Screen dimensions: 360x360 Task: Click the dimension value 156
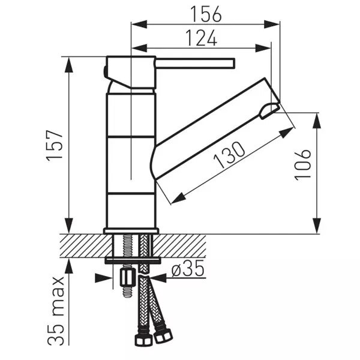206,14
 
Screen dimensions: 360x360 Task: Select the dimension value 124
201,38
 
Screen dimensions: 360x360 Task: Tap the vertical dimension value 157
55,146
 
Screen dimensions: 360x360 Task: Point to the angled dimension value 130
229,155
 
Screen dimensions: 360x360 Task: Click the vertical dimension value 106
302,165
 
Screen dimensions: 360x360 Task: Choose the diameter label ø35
188,268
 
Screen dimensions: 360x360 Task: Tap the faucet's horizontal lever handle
195,63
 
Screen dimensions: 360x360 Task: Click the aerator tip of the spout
269,110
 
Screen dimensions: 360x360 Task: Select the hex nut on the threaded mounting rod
127,278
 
